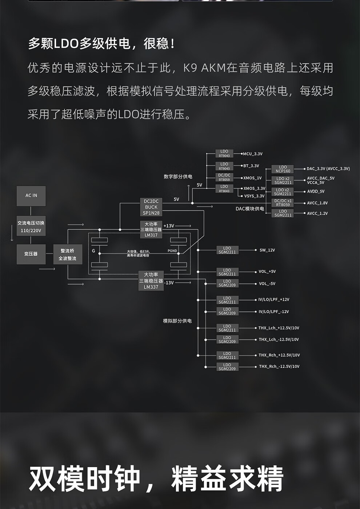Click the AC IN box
pos(31,196)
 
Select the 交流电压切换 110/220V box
pos(31,227)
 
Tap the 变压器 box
pos(31,254)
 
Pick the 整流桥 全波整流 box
pos(68,254)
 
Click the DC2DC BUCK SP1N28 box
pos(151,207)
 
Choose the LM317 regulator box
pos(151,230)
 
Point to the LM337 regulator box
pos(151,281)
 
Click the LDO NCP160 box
pos(283,169)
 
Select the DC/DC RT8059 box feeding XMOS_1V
pos(224,177)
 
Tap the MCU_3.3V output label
pos(253,154)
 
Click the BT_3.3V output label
pos(251,166)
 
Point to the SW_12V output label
pos(267,250)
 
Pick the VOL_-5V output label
pos(267,284)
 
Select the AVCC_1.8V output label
pos(317,203)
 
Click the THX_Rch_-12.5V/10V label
pos(279,366)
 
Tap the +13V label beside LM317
pos(169,226)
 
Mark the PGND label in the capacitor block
pos(172,251)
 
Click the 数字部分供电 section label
pos(178,177)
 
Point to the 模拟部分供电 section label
pos(177,321)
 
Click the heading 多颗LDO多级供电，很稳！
pos(101,44)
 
